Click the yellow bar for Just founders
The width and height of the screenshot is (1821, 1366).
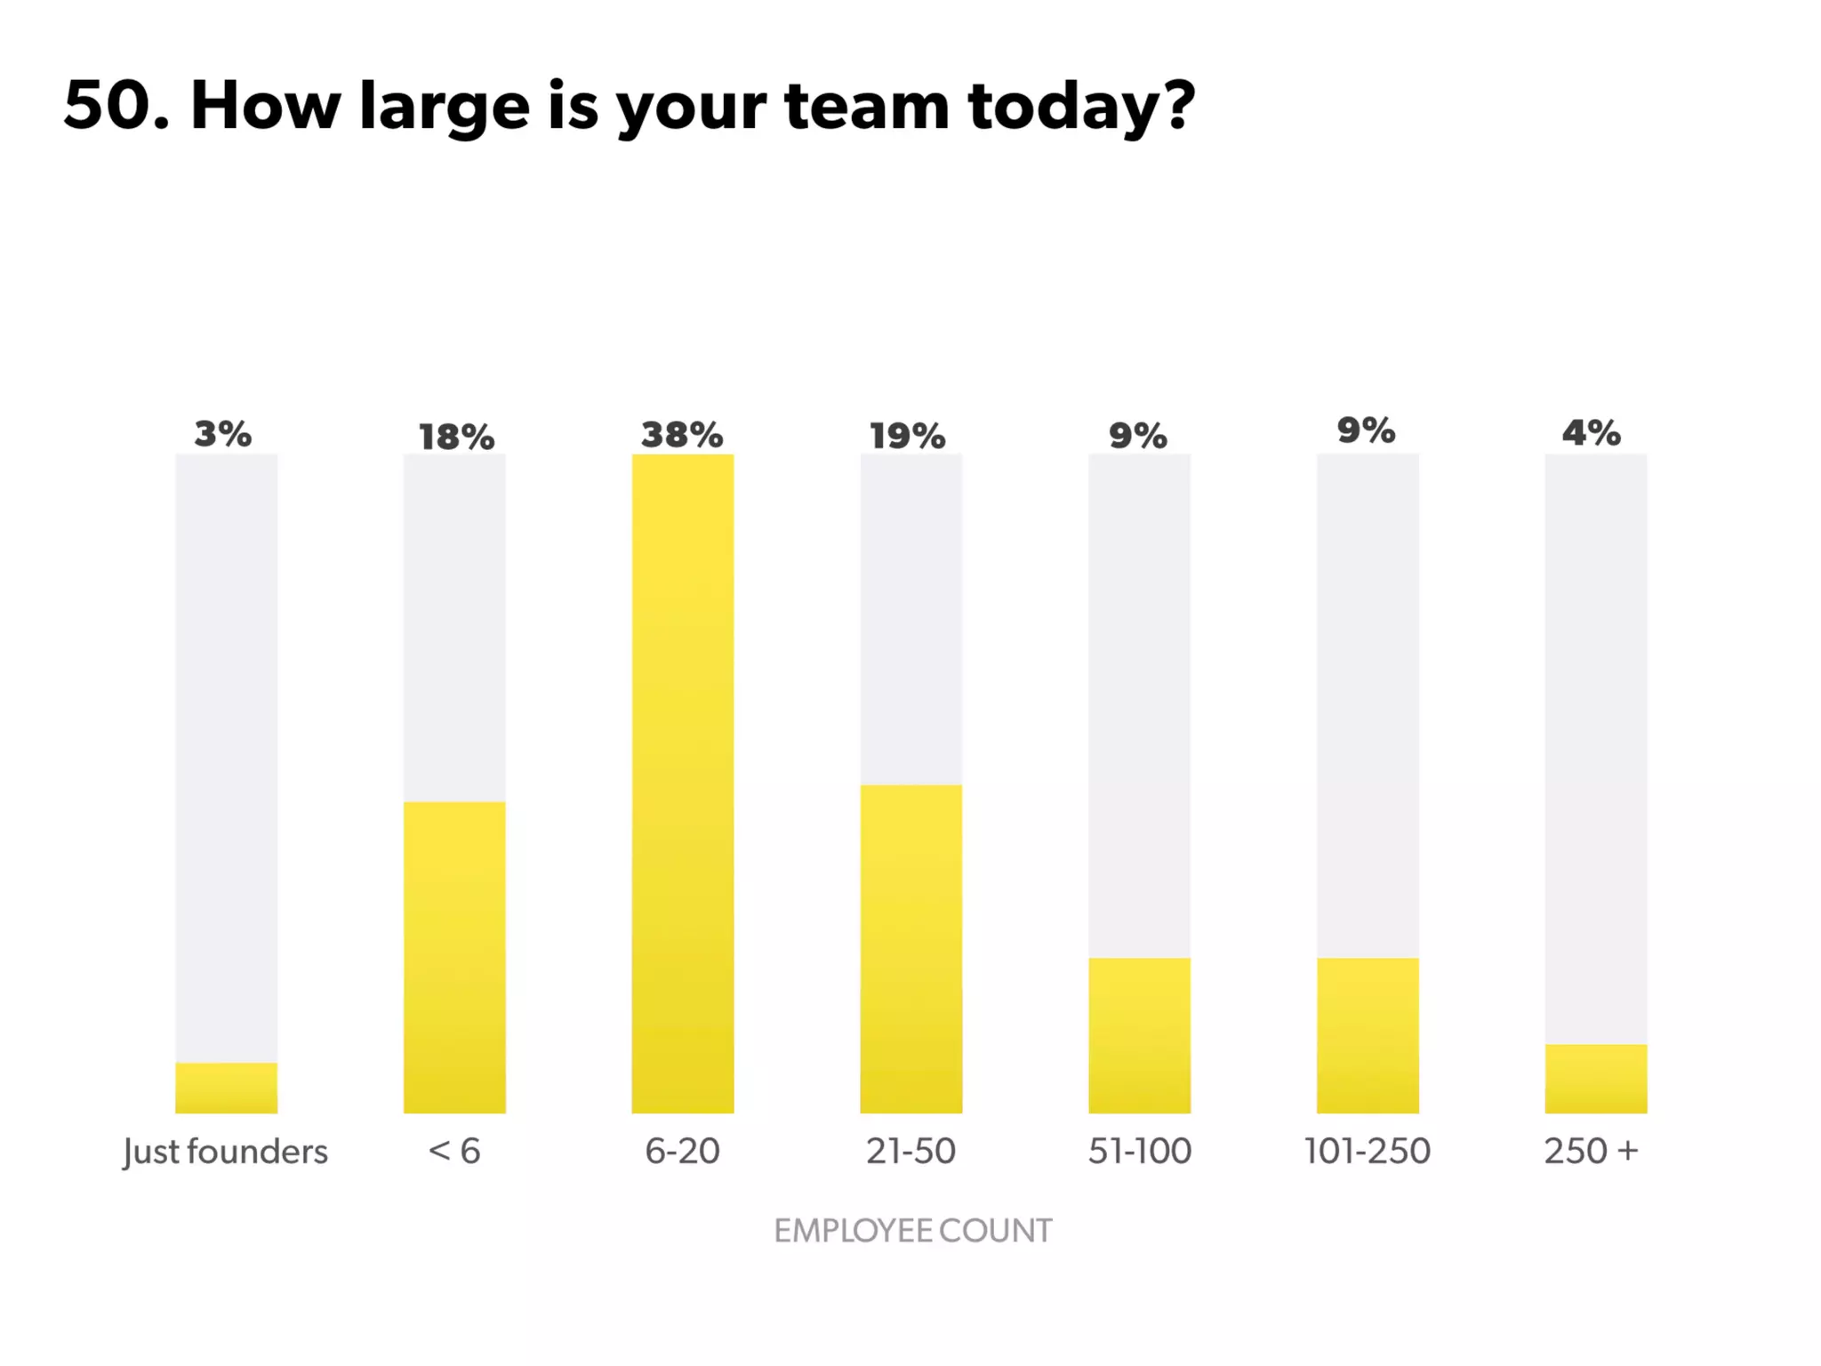click(x=226, y=1088)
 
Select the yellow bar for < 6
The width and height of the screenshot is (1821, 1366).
click(x=454, y=957)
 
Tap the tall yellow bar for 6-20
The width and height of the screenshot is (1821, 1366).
click(x=683, y=783)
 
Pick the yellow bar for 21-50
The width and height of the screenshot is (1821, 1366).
click(x=910, y=948)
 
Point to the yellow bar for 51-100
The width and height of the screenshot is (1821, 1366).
click(x=1139, y=1035)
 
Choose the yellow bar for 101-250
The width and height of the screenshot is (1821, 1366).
click(x=1368, y=1035)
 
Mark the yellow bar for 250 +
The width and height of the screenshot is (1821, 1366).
click(x=1595, y=1079)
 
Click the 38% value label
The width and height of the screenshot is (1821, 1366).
click(x=682, y=435)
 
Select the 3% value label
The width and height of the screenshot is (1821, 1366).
click(x=223, y=434)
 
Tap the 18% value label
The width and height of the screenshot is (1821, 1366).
click(x=456, y=437)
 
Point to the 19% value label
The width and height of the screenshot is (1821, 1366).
click(x=907, y=436)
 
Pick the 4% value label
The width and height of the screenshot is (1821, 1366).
click(x=1592, y=433)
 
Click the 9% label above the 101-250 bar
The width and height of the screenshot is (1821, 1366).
click(x=1367, y=430)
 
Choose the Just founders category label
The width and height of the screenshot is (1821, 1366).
click(x=226, y=1152)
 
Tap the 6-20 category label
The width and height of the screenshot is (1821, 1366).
click(x=682, y=1152)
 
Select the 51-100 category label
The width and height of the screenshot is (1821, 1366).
click(x=1139, y=1152)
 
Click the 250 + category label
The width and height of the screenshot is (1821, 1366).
click(x=1591, y=1152)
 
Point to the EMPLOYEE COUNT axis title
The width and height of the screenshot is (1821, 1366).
click(x=912, y=1231)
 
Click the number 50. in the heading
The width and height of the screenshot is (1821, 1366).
click(x=116, y=106)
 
